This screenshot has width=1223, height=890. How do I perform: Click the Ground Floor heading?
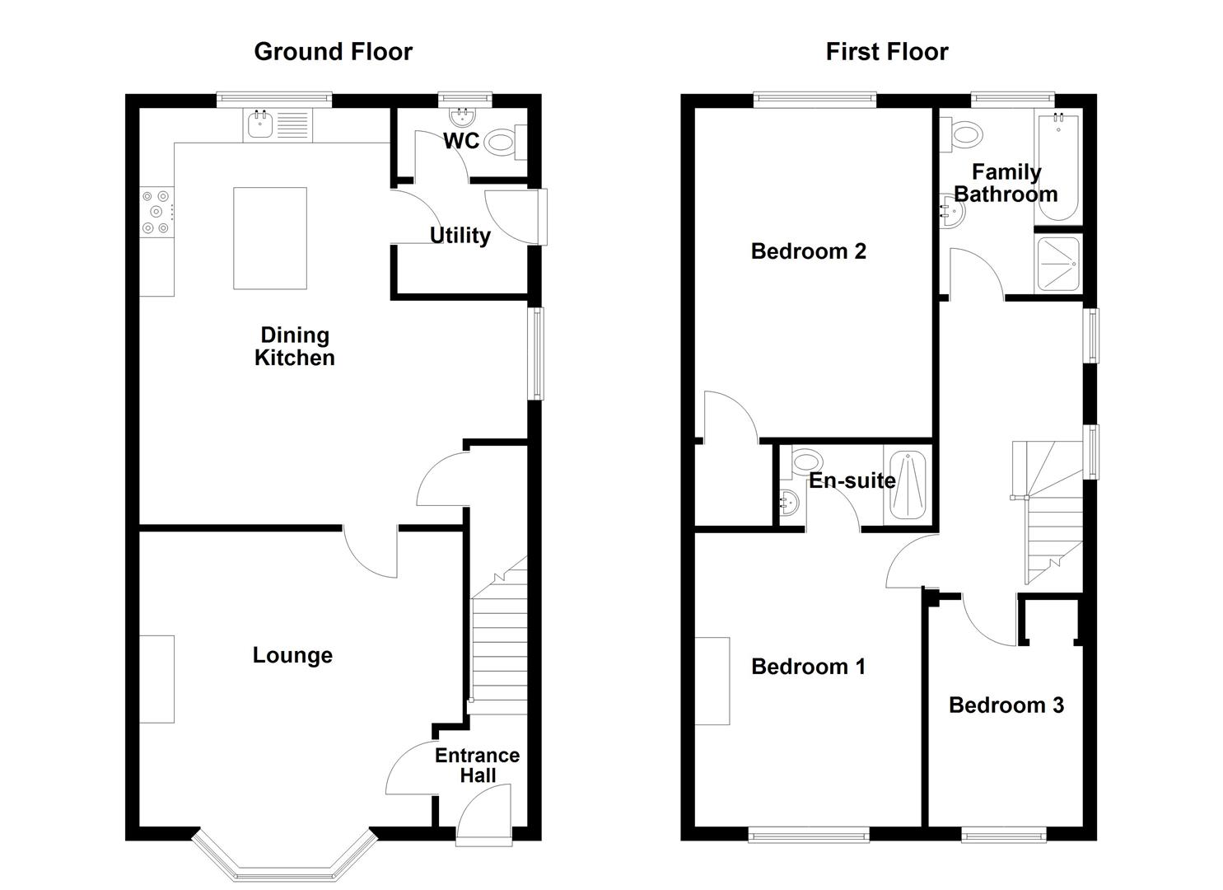point(333,52)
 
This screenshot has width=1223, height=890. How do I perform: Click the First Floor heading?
point(886,52)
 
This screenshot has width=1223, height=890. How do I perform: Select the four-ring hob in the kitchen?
point(156,212)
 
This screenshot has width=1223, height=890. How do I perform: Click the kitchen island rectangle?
point(270,238)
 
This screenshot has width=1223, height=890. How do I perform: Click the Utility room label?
point(460,236)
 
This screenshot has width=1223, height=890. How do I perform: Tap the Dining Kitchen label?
point(295,346)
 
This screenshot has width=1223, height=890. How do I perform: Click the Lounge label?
point(292,655)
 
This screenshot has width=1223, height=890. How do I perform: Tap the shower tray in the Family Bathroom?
point(1058,264)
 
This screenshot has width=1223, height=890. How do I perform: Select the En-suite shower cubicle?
point(906,485)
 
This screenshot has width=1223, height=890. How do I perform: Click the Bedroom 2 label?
point(808,251)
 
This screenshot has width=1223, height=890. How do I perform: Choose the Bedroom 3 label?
point(1006,705)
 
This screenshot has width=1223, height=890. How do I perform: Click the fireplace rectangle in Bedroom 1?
point(712,681)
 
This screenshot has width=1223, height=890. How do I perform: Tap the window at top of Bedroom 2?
point(815,101)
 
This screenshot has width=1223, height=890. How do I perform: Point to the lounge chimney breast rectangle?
point(156,679)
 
